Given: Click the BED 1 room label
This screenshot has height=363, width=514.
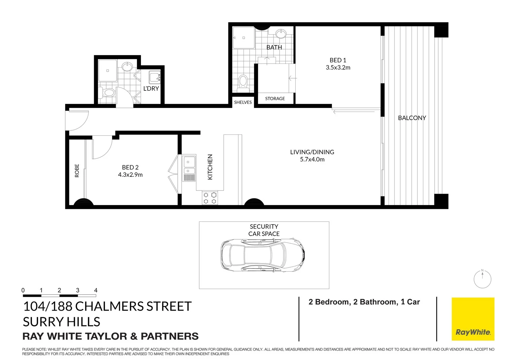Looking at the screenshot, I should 338,60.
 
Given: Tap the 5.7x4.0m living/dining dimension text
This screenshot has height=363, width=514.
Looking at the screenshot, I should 312,160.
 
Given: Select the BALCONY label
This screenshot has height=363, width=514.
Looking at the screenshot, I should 412,118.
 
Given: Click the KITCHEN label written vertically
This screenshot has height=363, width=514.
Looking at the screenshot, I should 210,167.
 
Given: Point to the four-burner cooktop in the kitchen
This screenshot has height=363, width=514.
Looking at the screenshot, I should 210,198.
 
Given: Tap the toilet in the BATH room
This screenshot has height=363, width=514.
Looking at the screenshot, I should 243,83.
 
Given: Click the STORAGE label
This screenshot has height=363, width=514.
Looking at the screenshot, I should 275,98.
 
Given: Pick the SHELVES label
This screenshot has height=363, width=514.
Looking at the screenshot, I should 243,102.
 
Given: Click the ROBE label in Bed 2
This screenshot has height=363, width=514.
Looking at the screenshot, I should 77,171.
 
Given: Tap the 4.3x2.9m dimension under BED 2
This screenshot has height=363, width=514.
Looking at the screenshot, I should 130,175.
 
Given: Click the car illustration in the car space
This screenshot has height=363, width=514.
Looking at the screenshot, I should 263,256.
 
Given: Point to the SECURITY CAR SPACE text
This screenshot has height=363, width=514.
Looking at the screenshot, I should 264,230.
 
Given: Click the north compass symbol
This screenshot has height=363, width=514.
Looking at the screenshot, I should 482,279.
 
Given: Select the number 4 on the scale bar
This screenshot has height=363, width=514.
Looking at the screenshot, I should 96,290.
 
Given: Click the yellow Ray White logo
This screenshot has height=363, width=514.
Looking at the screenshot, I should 473,319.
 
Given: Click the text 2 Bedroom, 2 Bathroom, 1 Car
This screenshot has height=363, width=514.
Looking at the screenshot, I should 364,302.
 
